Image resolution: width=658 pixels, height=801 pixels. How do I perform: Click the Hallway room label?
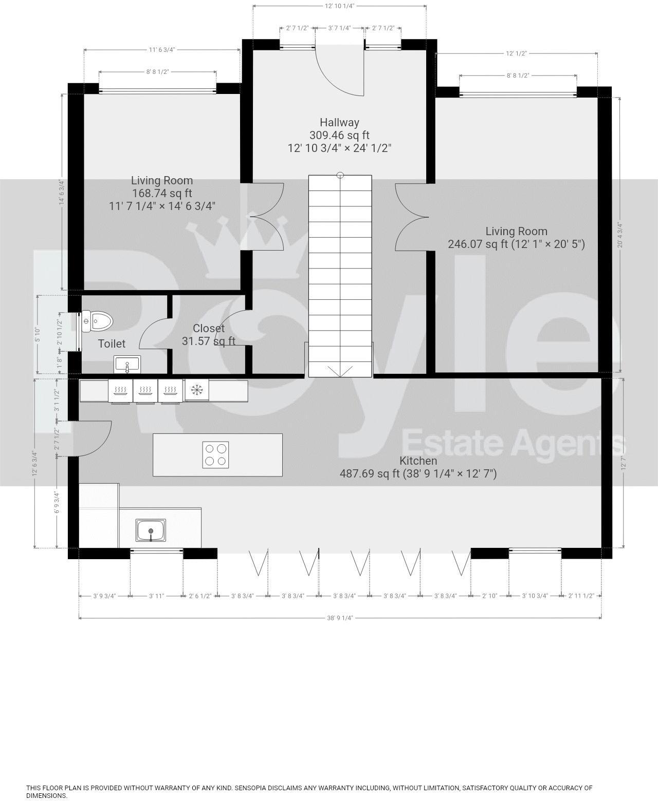click(x=339, y=122)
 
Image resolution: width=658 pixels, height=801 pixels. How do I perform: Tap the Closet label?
click(x=209, y=328)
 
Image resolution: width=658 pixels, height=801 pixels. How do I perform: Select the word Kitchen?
click(x=418, y=461)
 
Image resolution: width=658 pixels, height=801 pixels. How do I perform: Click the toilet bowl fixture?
click(x=98, y=322)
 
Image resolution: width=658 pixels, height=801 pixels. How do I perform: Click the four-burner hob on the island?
click(x=215, y=454)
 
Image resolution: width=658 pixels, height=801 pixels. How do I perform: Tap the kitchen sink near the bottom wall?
click(x=151, y=530)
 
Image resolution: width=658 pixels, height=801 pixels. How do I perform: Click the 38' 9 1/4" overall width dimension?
click(x=340, y=618)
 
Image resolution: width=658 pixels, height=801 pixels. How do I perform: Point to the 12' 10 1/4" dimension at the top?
click(x=339, y=6)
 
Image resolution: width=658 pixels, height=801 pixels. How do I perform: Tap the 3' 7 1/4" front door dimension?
click(x=339, y=28)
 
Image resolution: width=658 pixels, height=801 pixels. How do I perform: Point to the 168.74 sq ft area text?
click(x=161, y=194)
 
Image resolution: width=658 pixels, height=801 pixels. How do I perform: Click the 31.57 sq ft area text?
click(x=209, y=341)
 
